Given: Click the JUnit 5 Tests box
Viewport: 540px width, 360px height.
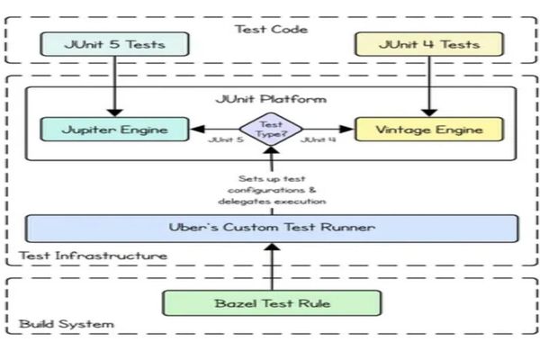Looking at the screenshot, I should point(114,43).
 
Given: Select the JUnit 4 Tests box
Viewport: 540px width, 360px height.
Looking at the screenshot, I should point(427,43).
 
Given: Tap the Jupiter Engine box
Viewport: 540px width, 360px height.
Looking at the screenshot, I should point(114,130).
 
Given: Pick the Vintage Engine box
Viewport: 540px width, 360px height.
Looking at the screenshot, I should point(427,130).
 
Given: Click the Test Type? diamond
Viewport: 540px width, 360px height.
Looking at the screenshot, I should point(271,130).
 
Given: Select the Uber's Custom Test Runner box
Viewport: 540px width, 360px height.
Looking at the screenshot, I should point(271,228).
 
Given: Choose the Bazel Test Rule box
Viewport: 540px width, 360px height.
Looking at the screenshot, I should point(271,302).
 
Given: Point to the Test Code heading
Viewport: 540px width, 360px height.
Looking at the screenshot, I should point(271,29).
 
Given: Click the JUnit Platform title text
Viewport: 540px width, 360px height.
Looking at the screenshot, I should point(271,99).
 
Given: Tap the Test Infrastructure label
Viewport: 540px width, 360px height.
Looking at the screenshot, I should point(93,256).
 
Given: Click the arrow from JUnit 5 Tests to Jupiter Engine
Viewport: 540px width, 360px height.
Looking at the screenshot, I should point(114,85).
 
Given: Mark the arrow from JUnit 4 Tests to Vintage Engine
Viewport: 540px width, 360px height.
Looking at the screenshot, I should point(427,85).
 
